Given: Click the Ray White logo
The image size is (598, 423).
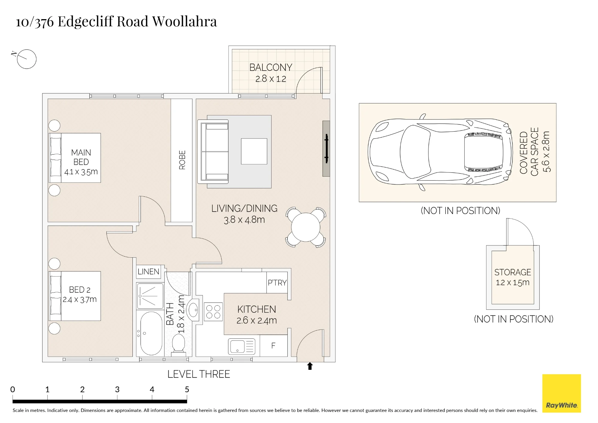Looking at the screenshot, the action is (562, 393).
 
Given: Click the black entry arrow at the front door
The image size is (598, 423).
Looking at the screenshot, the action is (310, 366).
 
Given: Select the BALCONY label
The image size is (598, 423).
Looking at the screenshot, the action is (271, 68).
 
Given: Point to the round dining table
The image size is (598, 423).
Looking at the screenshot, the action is (306, 227).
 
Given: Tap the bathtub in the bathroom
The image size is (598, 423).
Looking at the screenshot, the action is (151, 333).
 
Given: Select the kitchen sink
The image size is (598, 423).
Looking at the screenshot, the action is (242, 346).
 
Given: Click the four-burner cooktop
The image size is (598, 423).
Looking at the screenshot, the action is (213, 312).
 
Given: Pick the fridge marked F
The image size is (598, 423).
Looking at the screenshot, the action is (273, 346).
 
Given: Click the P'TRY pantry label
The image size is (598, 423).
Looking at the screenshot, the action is (277, 282).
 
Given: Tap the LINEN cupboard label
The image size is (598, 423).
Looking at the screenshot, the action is (148, 272).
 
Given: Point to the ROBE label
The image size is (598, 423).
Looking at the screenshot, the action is (182, 160).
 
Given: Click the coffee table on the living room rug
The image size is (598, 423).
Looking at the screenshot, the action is (254, 151).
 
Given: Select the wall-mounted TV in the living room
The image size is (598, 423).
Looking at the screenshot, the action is (326, 149).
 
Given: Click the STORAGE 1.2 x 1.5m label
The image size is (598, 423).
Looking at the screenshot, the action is (513, 277).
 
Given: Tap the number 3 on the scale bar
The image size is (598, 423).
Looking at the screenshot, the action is (117, 389).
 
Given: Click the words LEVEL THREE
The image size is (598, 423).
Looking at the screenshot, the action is (199, 374).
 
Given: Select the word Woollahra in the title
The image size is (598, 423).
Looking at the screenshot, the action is (184, 21).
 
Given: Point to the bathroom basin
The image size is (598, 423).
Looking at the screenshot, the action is (193, 310).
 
